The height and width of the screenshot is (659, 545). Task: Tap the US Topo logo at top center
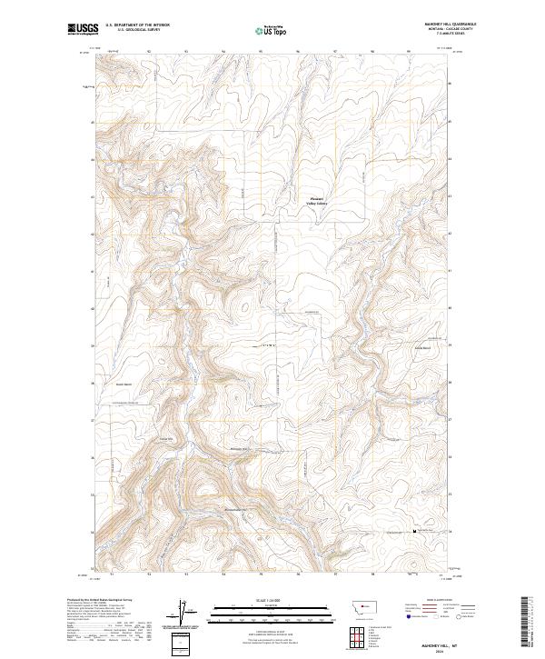click(x=272, y=30)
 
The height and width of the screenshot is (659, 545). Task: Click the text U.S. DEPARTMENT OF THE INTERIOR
click(x=137, y=25)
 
